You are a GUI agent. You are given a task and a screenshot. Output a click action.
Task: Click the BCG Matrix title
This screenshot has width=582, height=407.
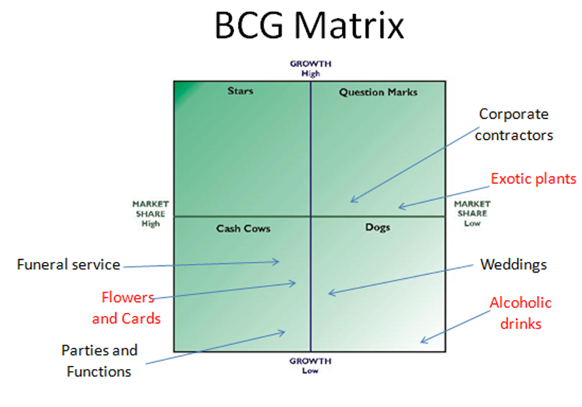309,25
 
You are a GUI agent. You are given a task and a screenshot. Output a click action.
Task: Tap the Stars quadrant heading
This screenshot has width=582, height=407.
240,91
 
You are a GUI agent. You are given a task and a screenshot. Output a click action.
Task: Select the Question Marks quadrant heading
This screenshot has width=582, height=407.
378,92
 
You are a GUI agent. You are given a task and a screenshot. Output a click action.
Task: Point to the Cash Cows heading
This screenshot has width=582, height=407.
243,229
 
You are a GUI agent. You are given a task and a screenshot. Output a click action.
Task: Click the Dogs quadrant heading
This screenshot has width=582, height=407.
378,227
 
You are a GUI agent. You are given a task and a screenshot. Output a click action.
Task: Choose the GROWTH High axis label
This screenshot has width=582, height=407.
310,69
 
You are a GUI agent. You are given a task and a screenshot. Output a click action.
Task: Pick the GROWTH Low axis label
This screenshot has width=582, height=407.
310,366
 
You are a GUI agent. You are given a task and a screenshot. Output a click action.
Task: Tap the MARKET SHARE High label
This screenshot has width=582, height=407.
151,214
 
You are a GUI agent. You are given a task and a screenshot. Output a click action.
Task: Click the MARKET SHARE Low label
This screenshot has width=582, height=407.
472,214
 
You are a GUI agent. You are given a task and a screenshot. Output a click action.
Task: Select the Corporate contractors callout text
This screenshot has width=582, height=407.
514,125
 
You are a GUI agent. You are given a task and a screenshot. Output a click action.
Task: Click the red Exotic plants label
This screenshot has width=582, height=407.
533,178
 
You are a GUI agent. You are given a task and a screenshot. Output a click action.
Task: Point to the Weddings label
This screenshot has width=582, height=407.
513,265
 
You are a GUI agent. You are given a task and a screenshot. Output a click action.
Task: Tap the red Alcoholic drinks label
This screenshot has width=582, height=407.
520,313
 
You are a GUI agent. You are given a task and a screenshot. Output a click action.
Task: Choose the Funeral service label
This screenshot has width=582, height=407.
69,265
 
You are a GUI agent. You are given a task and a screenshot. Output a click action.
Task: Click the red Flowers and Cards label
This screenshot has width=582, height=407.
126,308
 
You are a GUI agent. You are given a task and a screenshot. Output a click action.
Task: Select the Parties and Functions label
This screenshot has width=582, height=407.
99,361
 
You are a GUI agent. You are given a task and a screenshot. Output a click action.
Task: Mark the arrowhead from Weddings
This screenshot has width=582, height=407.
329,294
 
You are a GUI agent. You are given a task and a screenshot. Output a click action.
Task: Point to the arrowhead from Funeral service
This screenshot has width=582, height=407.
278,262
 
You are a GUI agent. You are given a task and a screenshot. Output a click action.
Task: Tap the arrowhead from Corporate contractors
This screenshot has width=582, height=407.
351,201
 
